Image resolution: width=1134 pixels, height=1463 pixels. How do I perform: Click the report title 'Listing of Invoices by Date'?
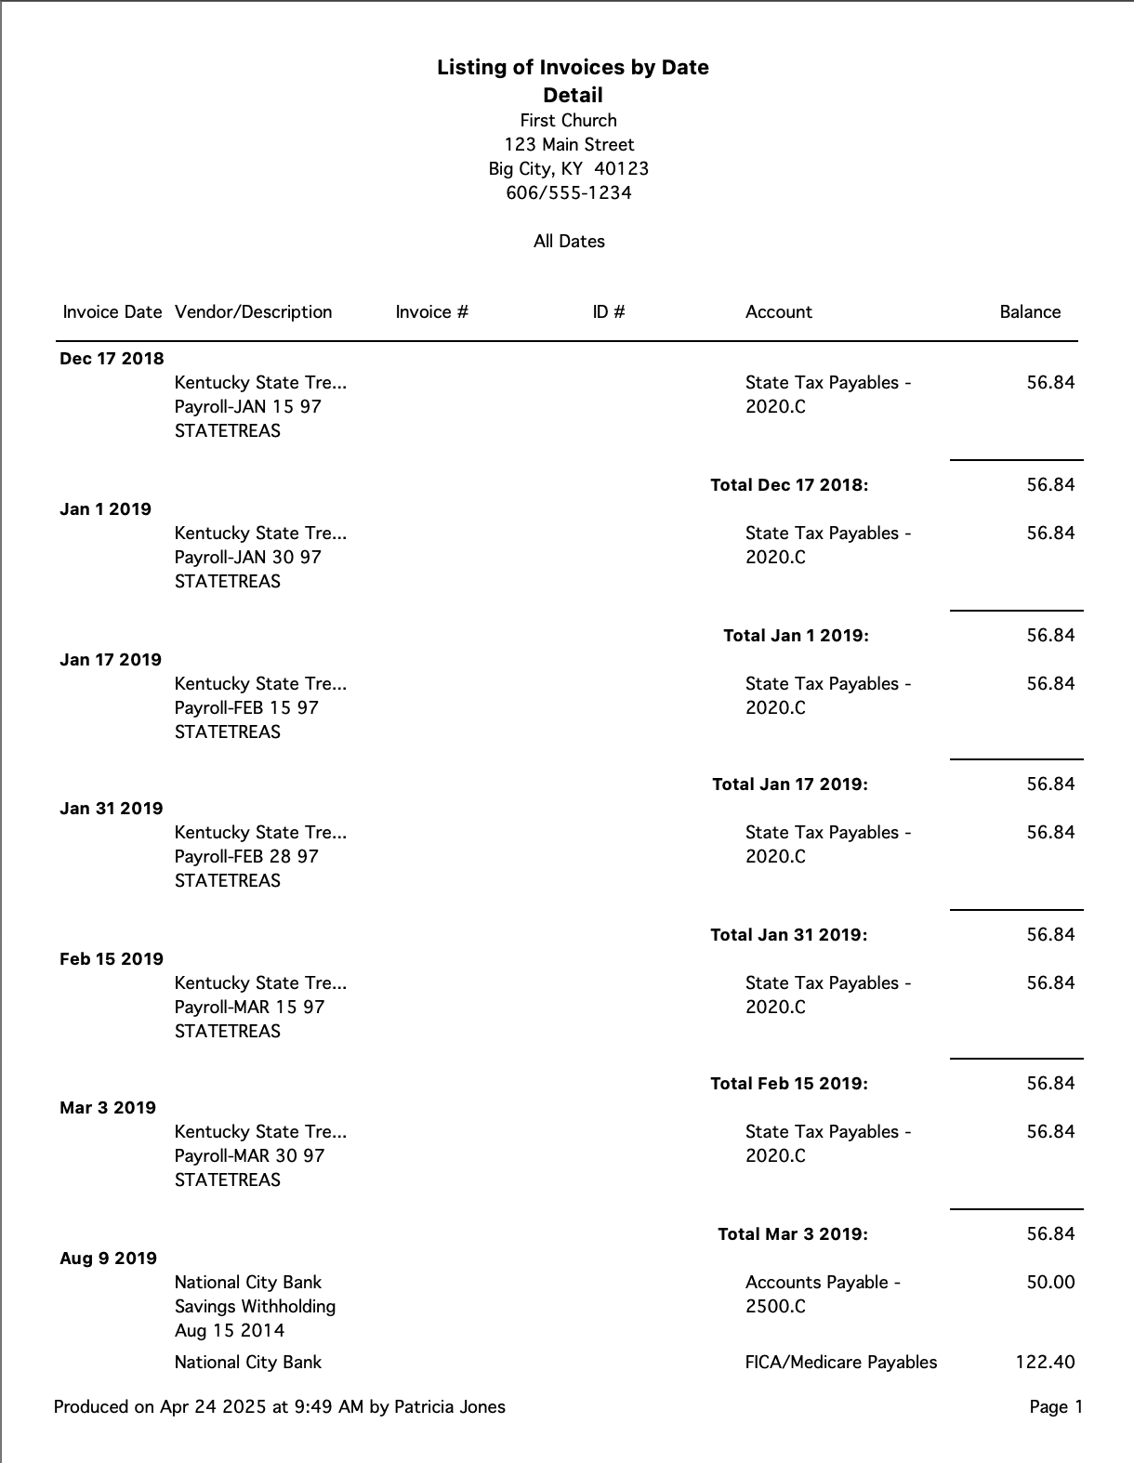573,68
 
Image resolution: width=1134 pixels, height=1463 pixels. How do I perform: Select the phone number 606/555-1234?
568,193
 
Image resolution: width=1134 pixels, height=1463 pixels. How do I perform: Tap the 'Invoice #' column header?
431,312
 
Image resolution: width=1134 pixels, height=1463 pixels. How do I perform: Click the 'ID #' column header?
608,312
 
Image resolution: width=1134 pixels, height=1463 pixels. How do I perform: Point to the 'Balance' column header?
1029,312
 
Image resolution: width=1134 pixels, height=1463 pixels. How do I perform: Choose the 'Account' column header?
778,312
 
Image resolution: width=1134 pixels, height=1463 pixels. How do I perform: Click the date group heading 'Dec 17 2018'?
112,359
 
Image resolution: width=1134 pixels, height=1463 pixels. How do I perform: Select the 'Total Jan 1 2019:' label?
796,636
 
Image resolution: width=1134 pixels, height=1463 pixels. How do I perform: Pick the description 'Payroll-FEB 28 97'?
246,857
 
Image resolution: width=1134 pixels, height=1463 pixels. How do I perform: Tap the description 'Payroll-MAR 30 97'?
249,1156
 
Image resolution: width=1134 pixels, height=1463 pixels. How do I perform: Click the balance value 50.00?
1050,1283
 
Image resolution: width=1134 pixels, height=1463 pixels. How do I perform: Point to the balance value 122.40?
1045,1363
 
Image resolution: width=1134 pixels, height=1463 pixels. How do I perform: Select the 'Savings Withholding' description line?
255,1307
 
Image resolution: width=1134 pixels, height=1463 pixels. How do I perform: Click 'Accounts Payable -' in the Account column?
823,1283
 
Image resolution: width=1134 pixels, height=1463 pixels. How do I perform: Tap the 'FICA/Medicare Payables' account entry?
841,1363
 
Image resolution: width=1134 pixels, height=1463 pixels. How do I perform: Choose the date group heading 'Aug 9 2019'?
108,1259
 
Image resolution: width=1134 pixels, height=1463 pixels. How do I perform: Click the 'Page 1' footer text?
1056,1407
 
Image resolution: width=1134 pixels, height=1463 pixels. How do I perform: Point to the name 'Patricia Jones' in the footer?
450,1407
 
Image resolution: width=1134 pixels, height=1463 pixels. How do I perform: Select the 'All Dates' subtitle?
569,242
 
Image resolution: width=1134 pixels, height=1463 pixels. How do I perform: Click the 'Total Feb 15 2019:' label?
788,1084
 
